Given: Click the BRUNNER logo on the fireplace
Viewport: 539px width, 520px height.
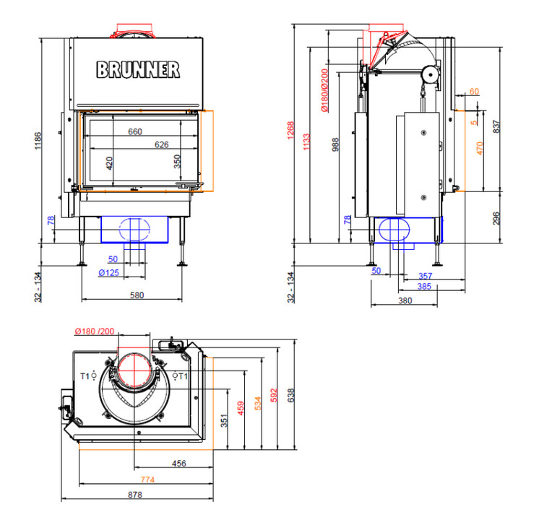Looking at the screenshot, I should pyautogui.click(x=138, y=69).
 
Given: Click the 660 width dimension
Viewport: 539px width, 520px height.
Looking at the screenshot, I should pyautogui.click(x=134, y=131).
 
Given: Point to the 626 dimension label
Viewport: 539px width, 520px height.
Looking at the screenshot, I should pyautogui.click(x=160, y=145).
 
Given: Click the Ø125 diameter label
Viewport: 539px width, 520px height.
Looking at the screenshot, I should pyautogui.click(x=108, y=272).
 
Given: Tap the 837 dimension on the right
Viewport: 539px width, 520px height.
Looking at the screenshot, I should pyautogui.click(x=496, y=126).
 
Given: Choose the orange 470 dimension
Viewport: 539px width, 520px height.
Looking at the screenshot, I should pyautogui.click(x=480, y=150).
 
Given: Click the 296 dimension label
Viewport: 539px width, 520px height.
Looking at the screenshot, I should pyautogui.click(x=496, y=218).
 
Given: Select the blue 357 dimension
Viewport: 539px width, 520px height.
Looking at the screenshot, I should pyautogui.click(x=425, y=277).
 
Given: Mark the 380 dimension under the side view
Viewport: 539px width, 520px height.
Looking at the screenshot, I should pyautogui.click(x=405, y=301).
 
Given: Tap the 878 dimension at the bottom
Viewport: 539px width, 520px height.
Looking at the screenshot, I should pyautogui.click(x=135, y=495).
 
